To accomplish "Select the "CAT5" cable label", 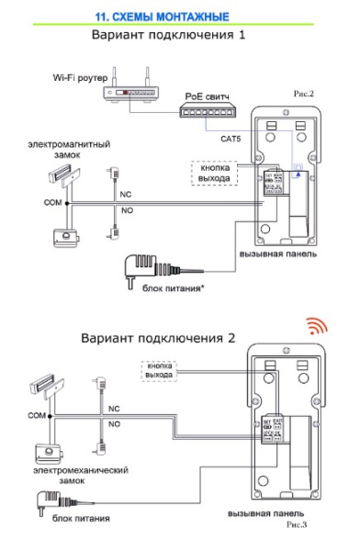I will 233,138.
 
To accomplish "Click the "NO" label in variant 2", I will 115,424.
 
